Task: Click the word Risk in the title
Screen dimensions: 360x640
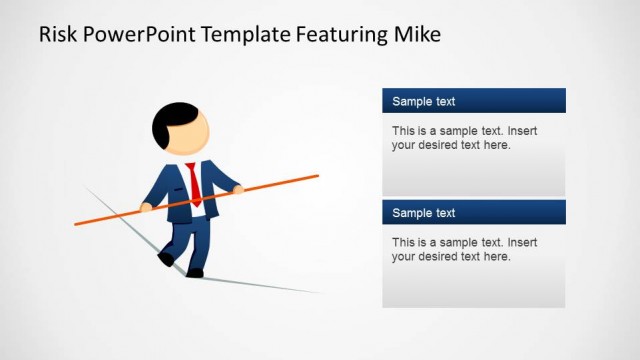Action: pos(56,35)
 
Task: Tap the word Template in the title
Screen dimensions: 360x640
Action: pos(245,35)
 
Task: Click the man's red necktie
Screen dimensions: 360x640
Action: pos(195,184)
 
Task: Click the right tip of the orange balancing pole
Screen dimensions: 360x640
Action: pos(316,176)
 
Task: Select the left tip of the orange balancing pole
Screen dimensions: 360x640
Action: pos(77,223)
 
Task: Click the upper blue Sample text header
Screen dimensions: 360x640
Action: pos(473,101)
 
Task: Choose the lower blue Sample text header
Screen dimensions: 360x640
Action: pos(473,213)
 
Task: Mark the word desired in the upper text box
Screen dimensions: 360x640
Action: pos(440,145)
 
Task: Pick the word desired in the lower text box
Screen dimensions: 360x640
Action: pos(440,257)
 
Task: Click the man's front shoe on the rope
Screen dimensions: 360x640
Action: pos(194,272)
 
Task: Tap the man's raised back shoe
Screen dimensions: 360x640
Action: pos(165,259)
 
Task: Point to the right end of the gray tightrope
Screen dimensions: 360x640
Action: pos(320,293)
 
